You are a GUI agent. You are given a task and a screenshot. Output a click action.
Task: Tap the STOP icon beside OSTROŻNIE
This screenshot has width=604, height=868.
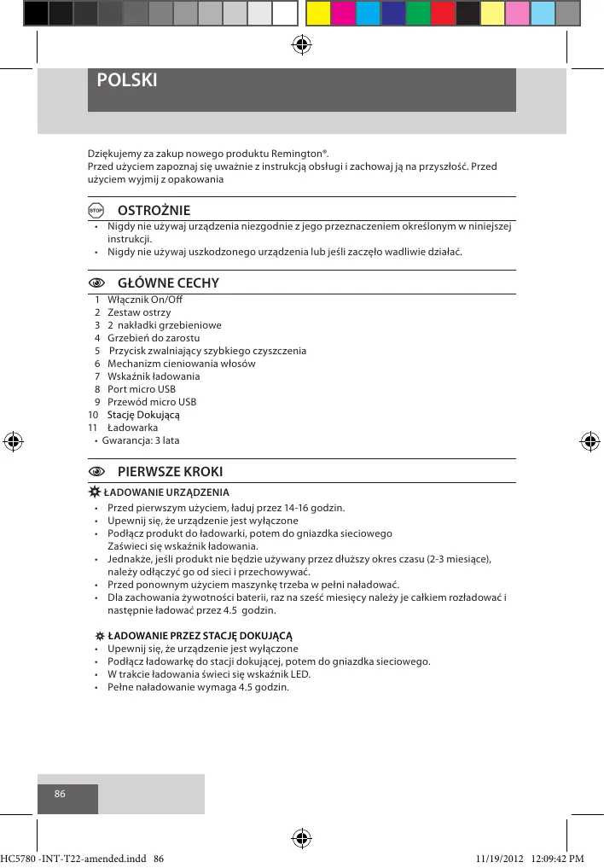click(96, 211)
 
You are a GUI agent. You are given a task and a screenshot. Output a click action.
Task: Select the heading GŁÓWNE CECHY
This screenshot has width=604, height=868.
click(168, 283)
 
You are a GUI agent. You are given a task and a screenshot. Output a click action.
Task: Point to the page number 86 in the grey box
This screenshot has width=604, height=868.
click(60, 793)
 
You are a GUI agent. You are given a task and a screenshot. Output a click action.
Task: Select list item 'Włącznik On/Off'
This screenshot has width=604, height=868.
click(144, 300)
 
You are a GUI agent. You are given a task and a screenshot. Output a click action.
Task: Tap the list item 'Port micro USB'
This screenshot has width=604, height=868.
click(141, 389)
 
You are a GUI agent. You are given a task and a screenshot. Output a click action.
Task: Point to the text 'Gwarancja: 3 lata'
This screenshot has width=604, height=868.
click(141, 440)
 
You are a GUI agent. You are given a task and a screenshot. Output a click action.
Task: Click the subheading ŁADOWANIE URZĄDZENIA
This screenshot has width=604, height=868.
click(166, 492)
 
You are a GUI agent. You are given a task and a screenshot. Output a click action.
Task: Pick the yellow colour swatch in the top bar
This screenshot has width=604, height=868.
click(317, 13)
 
